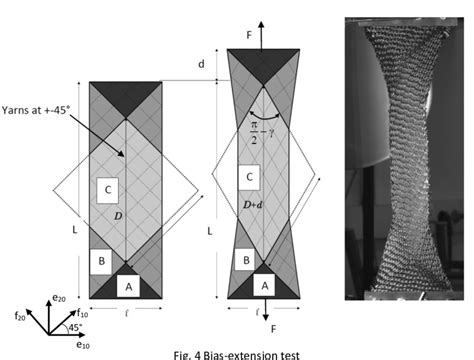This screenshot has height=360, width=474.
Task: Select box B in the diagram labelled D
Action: pos(100,262)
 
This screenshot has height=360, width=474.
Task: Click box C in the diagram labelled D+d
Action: pos(252,177)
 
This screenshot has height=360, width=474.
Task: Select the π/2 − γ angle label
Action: pos(265,132)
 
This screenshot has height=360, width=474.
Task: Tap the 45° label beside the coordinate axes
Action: pos(75,328)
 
